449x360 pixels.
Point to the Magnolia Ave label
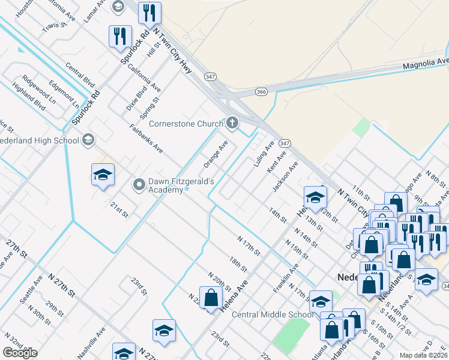click(426, 62)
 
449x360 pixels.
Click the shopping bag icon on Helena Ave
click(211, 298)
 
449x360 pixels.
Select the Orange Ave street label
click(215, 154)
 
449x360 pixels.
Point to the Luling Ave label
click(264, 154)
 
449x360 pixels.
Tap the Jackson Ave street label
click(285, 177)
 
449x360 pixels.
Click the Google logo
click(20, 353)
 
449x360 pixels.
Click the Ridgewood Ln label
click(38, 85)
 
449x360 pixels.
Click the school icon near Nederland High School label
click(88, 140)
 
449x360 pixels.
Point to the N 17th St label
click(249, 245)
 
